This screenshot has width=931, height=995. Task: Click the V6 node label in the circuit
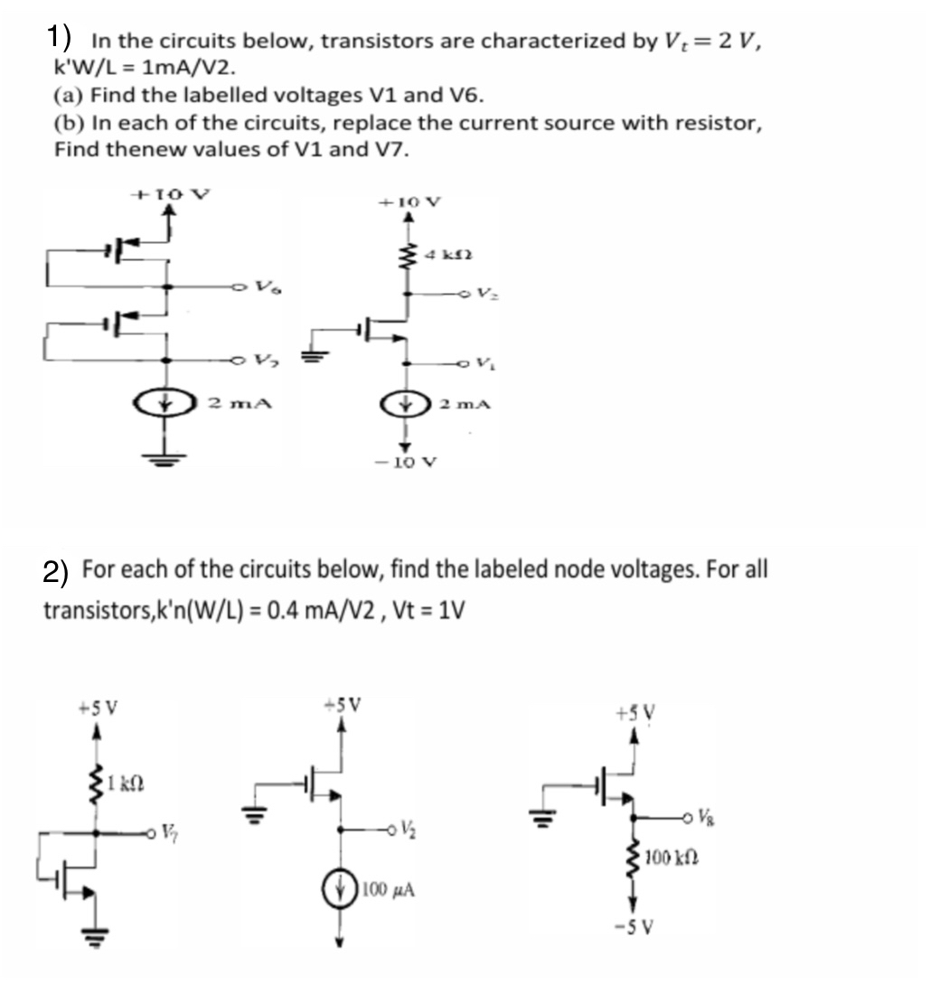pyautogui.click(x=263, y=287)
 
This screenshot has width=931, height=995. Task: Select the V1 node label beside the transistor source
pyautogui.click(x=487, y=363)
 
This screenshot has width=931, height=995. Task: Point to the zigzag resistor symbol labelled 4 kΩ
pyautogui.click(x=408, y=259)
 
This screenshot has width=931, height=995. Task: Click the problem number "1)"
pyautogui.click(x=61, y=37)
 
